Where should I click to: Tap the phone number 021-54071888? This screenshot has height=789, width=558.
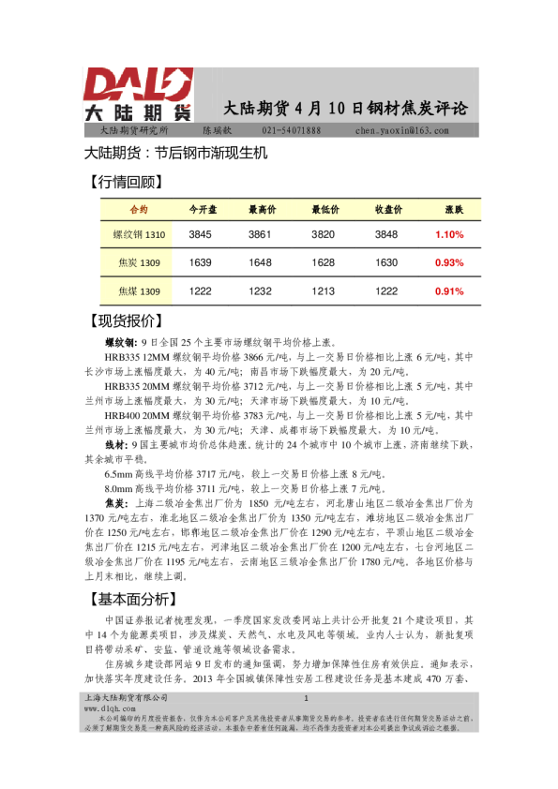[x=291, y=130]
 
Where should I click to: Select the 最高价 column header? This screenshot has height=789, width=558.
[x=262, y=208]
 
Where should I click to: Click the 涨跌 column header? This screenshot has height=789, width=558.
[x=453, y=208]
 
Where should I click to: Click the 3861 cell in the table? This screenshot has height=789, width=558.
[x=260, y=234]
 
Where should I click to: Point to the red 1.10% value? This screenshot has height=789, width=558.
[x=450, y=234]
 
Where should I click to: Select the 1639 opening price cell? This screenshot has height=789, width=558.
[x=201, y=262]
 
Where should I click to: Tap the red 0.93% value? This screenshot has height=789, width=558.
[x=450, y=262]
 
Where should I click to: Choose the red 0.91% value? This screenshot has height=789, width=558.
[x=450, y=291]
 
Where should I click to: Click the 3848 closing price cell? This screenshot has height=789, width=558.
[x=387, y=234]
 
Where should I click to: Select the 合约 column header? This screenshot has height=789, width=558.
[x=137, y=208]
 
